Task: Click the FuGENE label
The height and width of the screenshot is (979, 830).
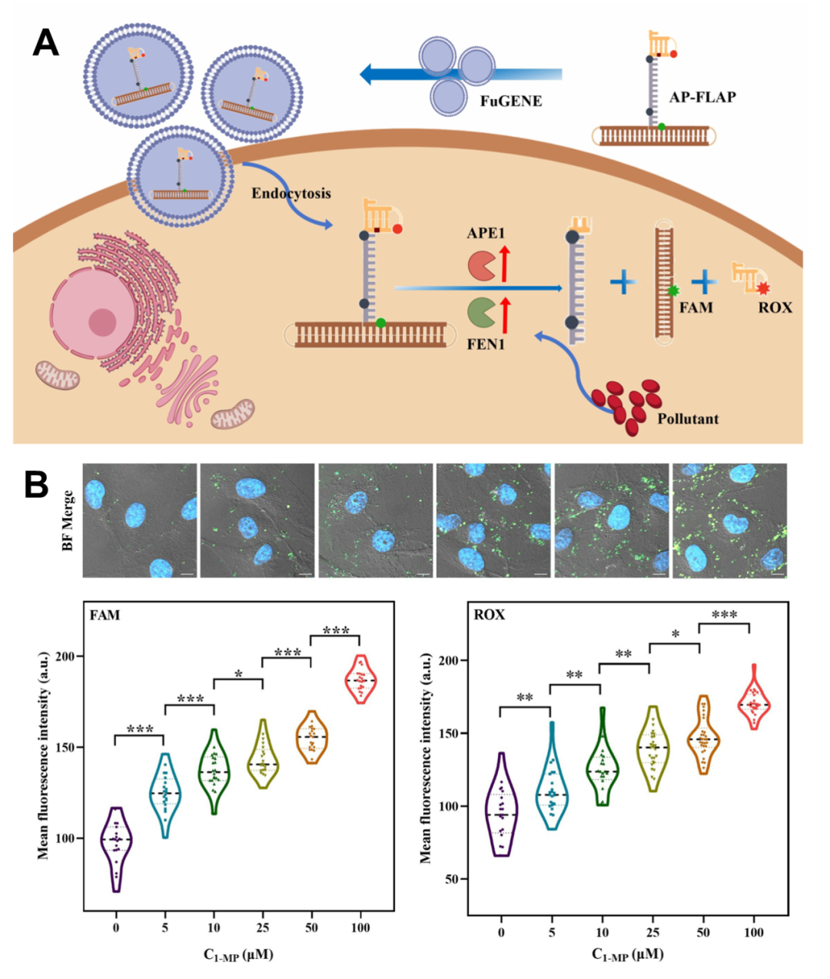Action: [511, 101]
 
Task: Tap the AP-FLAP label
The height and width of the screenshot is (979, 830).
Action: [702, 97]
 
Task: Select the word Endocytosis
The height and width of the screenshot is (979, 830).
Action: [291, 193]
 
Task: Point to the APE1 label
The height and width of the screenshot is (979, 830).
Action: [486, 233]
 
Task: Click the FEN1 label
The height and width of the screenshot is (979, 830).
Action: [486, 344]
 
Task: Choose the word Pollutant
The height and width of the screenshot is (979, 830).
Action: [688, 419]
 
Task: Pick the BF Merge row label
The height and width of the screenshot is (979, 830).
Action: [68, 520]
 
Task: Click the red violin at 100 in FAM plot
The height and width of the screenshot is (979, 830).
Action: [360, 680]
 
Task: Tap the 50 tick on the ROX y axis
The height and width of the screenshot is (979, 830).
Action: [452, 879]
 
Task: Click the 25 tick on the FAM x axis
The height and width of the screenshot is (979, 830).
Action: [263, 928]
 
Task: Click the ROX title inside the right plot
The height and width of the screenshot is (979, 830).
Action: [490, 615]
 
